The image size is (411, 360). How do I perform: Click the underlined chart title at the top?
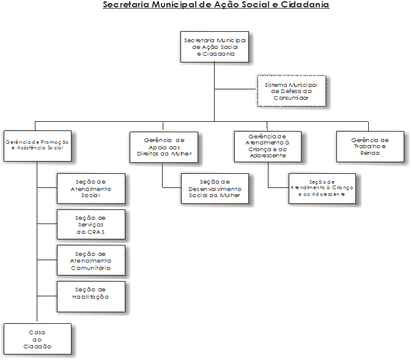click(x=216, y=5)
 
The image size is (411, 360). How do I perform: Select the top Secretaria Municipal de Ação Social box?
click(x=215, y=47)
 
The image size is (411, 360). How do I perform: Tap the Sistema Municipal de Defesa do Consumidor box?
click(x=291, y=91)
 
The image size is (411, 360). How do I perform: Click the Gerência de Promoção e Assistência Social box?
click(x=37, y=145)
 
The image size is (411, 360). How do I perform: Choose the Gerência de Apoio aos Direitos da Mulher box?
click(x=165, y=146)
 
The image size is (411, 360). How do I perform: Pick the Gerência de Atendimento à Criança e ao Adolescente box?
click(x=268, y=146)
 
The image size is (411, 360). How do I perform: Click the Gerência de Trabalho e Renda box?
click(x=370, y=146)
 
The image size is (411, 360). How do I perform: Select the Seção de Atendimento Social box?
click(x=91, y=189)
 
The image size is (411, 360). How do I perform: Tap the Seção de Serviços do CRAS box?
click(x=91, y=225)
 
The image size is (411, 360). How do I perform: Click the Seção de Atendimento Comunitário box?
click(x=91, y=261)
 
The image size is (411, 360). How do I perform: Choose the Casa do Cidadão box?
click(x=37, y=339)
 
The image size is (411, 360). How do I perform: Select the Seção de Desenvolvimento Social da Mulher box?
click(x=215, y=189)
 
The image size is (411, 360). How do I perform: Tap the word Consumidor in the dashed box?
click(x=291, y=98)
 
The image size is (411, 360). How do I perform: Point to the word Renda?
click(x=370, y=153)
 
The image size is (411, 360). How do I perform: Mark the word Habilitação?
click(x=91, y=297)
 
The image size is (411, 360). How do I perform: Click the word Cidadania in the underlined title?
click(x=304, y=5)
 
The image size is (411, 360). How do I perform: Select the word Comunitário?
click(x=91, y=268)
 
